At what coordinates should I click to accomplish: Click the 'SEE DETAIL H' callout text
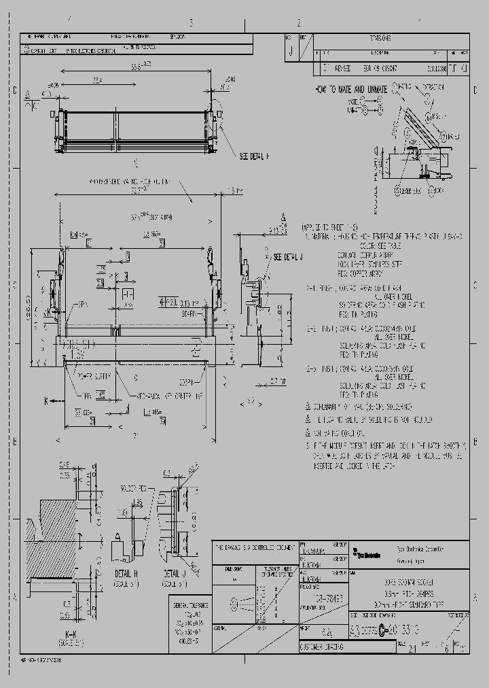[x=254, y=156]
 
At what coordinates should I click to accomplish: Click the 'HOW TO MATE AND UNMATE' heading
[x=350, y=89]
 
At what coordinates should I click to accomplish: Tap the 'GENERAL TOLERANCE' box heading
[x=190, y=602]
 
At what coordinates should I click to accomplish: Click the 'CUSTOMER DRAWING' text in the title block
[x=323, y=647]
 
